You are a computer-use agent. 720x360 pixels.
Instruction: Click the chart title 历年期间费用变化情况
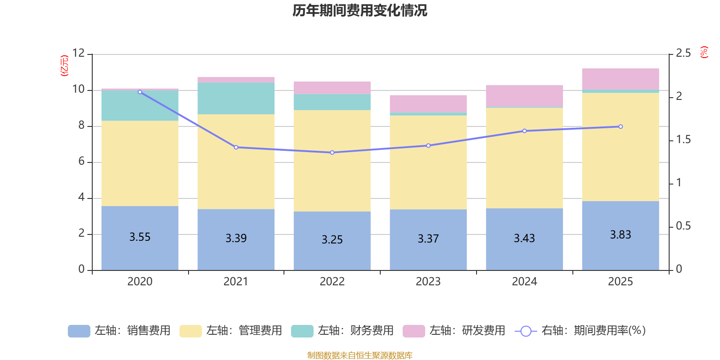[360, 10]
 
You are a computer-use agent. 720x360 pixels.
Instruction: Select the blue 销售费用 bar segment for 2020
[139, 252]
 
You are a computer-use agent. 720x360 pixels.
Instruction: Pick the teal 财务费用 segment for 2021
[236, 98]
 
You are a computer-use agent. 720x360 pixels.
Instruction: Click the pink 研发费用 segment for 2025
[620, 79]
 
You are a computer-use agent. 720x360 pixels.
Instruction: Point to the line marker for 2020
[140, 92]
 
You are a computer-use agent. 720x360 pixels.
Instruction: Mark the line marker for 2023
[428, 145]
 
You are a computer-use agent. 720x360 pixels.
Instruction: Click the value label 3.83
[620, 234]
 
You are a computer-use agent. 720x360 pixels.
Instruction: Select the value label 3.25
[332, 239]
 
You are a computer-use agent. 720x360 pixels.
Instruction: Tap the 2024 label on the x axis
[524, 281]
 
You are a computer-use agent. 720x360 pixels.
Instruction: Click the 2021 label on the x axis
[236, 281]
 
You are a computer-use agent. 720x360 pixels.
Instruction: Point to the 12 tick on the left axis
[78, 53]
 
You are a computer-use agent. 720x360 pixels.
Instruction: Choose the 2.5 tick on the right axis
[683, 53]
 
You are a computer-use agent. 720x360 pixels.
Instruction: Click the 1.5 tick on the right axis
[683, 140]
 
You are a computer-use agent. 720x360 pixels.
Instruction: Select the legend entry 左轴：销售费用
[119, 331]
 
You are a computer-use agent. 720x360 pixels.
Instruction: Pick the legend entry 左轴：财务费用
[342, 331]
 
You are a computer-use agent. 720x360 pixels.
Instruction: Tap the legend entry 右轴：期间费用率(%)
[580, 331]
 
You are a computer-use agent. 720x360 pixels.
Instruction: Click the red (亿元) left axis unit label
[65, 66]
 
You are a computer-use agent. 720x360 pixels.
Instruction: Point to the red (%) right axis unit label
[704, 52]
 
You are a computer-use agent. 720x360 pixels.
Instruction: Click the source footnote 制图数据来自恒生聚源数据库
[360, 355]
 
